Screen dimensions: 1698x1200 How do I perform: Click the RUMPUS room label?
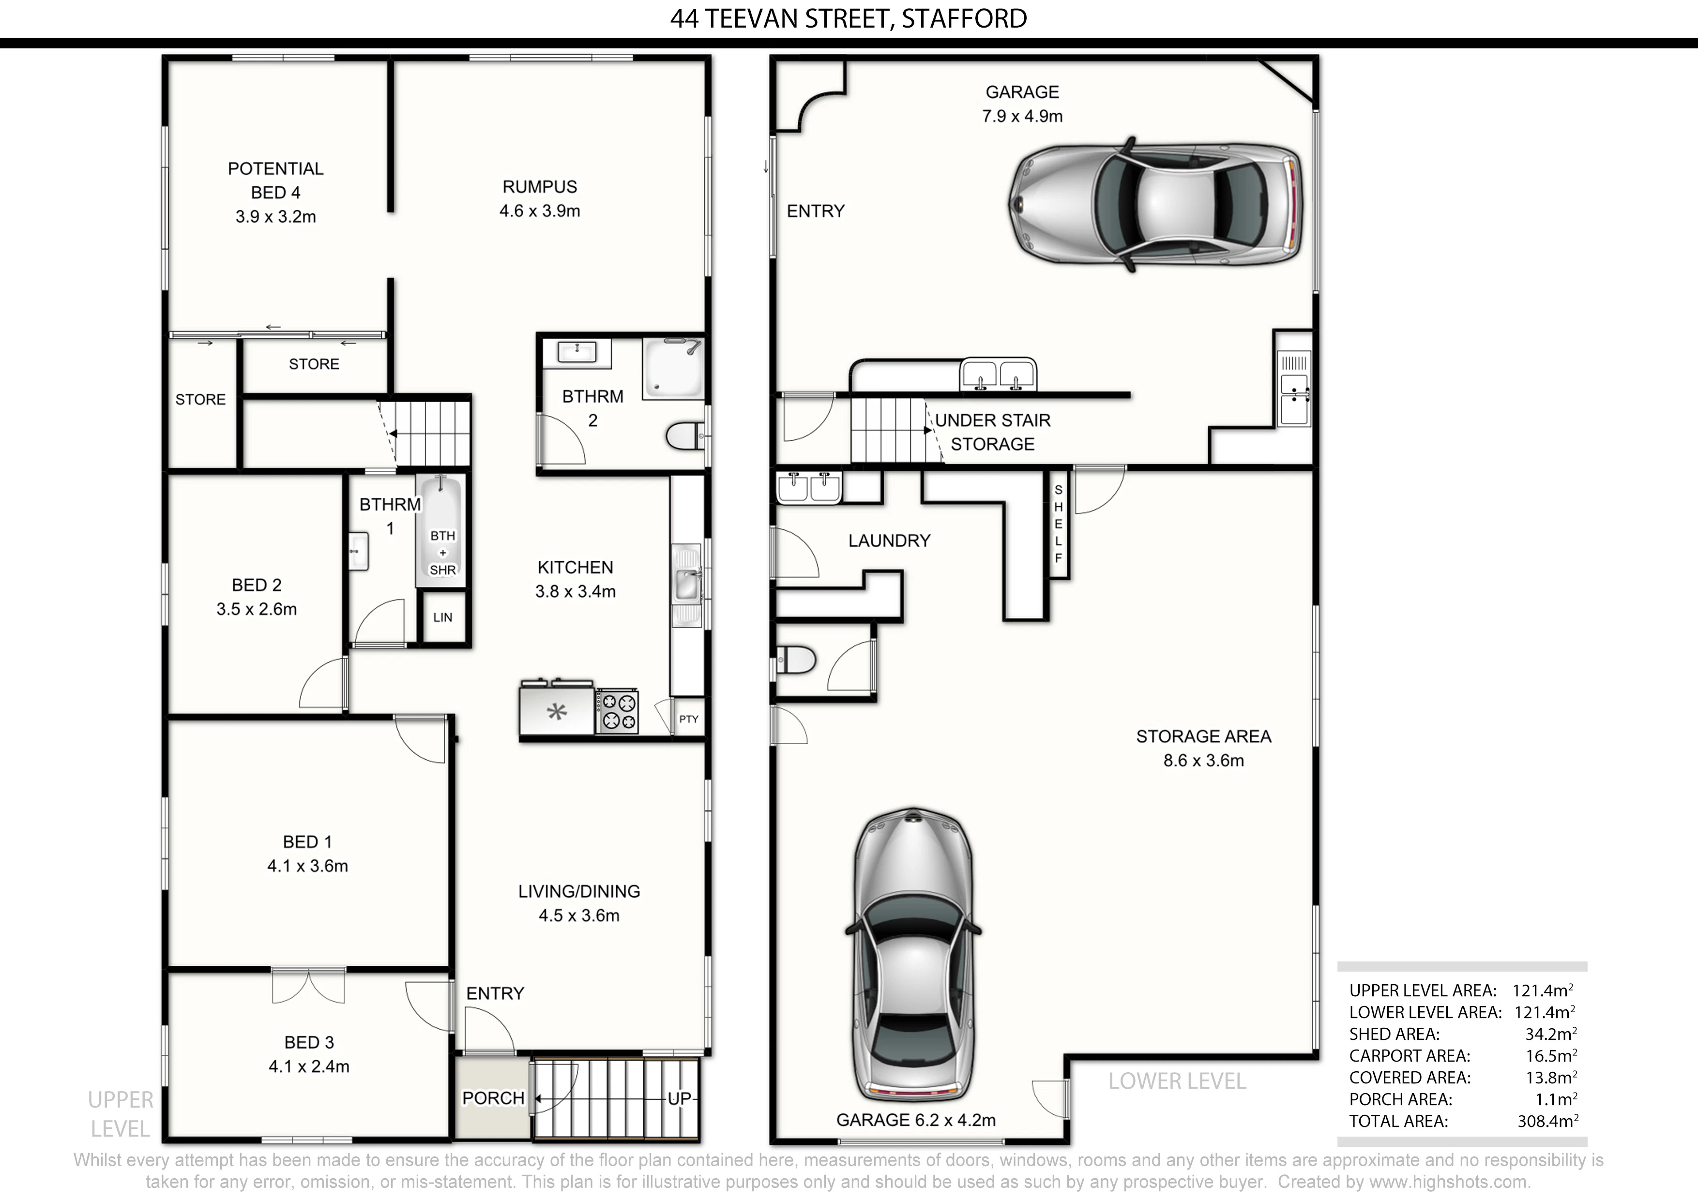pos(539,187)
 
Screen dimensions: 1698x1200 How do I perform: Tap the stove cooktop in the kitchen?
pos(618,711)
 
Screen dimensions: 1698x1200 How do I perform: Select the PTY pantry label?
pos(688,719)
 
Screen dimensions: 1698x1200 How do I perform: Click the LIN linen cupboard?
pos(443,617)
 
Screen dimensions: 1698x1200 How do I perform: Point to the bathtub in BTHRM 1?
pos(441,531)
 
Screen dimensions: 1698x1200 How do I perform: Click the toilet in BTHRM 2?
pos(685,436)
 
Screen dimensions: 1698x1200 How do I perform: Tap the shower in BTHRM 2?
pos(673,368)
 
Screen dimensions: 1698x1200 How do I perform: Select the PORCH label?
pos(493,1098)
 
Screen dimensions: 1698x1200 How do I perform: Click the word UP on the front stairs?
pos(679,1099)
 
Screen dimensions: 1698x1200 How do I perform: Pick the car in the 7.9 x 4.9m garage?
pos(1155,204)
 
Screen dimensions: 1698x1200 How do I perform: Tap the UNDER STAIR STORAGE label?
pos(992,432)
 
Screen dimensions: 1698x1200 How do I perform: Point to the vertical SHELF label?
pos(1058,524)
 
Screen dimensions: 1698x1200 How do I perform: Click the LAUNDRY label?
pos(889,540)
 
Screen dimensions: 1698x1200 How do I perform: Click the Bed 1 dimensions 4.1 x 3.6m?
pos(308,866)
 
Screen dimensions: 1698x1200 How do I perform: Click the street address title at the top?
pos(848,18)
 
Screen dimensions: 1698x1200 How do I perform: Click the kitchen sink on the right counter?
pos(686,585)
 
